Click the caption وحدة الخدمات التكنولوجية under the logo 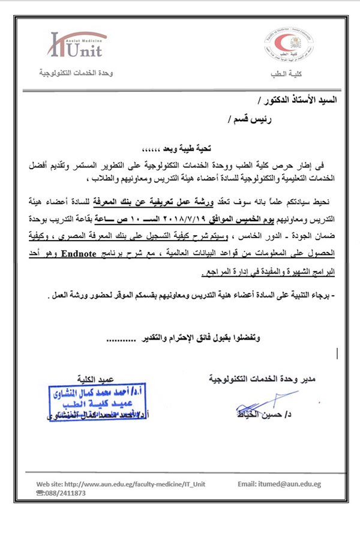pos(76,73)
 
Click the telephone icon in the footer pos(40,493)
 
